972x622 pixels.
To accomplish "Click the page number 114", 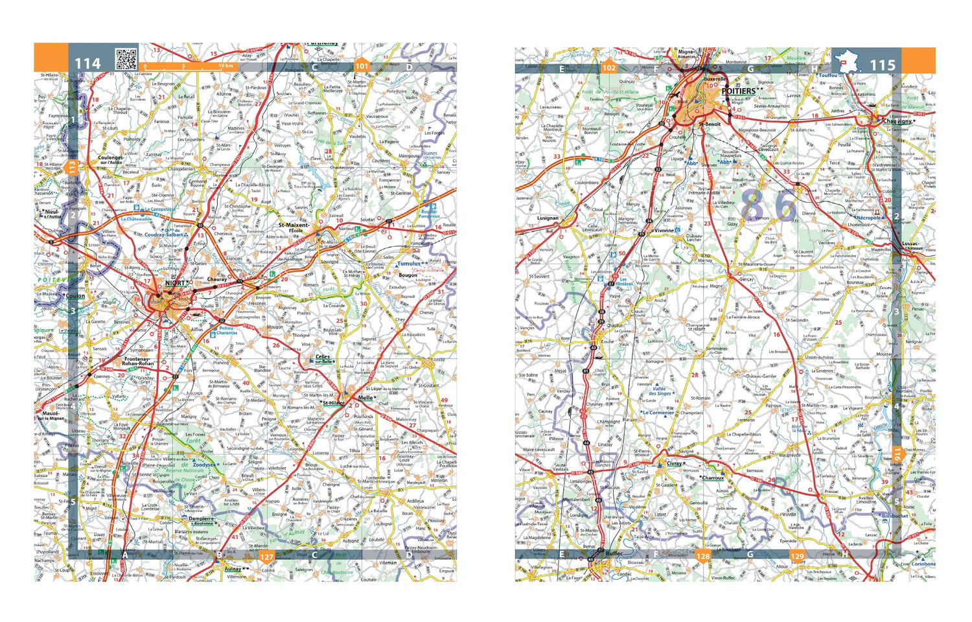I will pyautogui.click(x=88, y=63).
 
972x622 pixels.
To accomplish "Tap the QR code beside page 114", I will pyautogui.click(x=126, y=59).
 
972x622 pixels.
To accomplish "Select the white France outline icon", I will pyautogui.click(x=846, y=63).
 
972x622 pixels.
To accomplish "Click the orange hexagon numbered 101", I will pyautogui.click(x=362, y=65).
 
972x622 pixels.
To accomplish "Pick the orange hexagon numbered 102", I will pyautogui.click(x=609, y=67).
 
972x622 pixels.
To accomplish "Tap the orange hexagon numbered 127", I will pyautogui.click(x=266, y=557).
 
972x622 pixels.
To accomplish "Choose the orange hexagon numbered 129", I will pyautogui.click(x=797, y=556).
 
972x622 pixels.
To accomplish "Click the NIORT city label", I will pyautogui.click(x=176, y=283).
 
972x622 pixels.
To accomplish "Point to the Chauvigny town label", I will pyautogui.click(x=897, y=121).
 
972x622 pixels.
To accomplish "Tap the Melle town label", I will pyautogui.click(x=365, y=398).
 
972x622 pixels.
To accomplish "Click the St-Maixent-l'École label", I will pyautogui.click(x=295, y=227).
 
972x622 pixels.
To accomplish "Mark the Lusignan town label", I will pyautogui.click(x=548, y=218).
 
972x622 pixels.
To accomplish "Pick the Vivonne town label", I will pyautogui.click(x=664, y=230).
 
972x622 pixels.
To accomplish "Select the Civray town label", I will pyautogui.click(x=674, y=464).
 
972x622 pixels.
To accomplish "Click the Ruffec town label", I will pyautogui.click(x=614, y=554).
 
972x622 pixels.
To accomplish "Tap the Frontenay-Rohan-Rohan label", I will pyautogui.click(x=138, y=361).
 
